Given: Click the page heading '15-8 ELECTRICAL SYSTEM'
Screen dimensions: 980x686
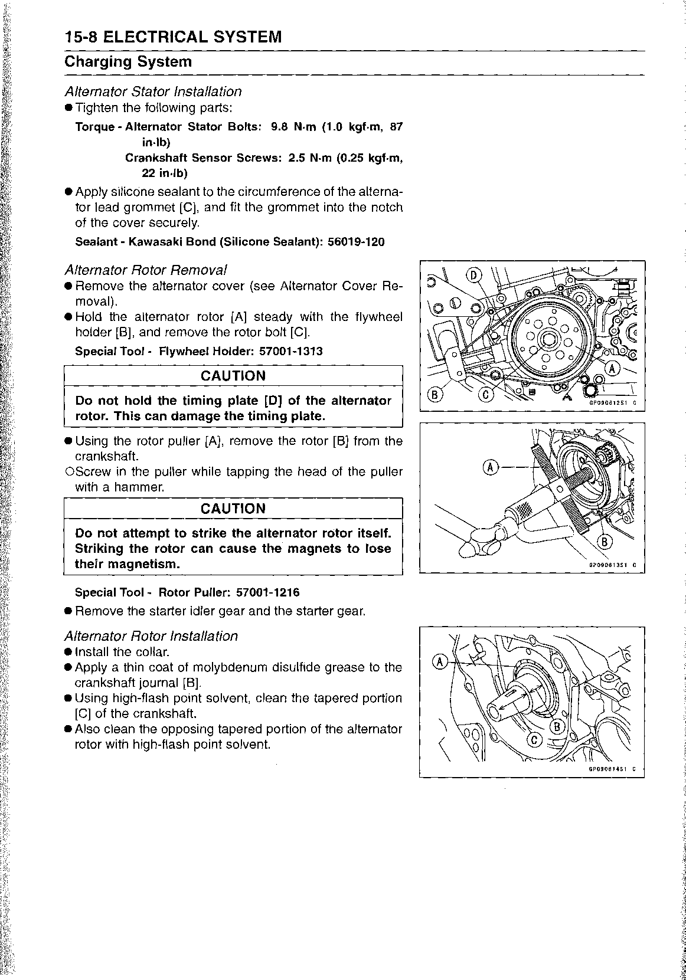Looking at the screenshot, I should (x=173, y=37).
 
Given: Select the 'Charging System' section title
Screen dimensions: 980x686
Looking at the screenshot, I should (x=128, y=62).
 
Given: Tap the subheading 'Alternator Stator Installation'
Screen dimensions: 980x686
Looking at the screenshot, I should (x=153, y=91).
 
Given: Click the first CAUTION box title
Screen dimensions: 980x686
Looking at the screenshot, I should (x=233, y=376).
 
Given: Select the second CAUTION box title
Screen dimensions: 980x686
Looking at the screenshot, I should (x=233, y=509).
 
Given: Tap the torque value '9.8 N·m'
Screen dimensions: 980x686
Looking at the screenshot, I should (x=293, y=127).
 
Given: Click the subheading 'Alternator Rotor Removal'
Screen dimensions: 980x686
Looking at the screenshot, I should (x=145, y=270).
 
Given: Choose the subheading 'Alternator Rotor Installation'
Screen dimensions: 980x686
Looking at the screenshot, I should (x=151, y=636).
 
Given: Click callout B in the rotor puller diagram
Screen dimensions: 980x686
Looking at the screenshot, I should (x=606, y=542).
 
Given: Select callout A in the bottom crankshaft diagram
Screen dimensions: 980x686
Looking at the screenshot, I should (x=440, y=661).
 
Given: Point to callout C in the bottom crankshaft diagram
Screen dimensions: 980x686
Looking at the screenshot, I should (x=534, y=739).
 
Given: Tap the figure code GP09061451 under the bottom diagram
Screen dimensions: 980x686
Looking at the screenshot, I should (x=607, y=769).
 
